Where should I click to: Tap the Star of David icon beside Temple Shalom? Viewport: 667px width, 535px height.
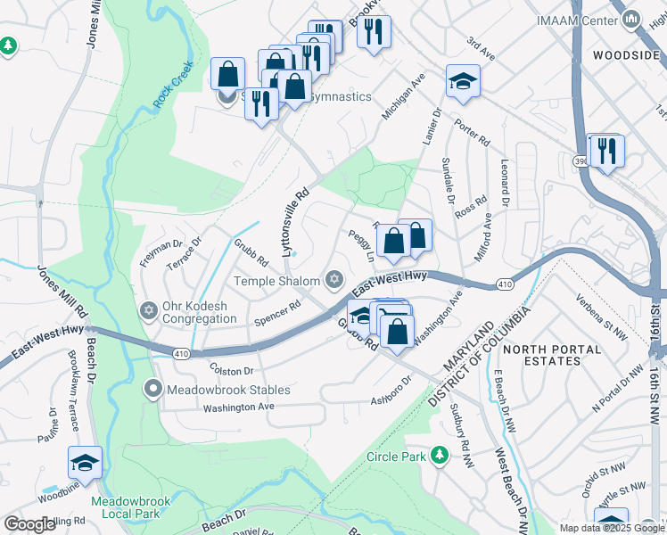coord(335,281)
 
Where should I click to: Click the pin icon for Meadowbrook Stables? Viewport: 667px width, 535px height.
coord(153,390)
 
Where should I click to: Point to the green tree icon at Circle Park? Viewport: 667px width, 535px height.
coord(438,457)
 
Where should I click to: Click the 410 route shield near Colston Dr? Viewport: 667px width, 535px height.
coord(182,354)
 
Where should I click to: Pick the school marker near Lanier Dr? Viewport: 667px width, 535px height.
coord(463,81)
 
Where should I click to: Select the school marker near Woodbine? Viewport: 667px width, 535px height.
coord(85,462)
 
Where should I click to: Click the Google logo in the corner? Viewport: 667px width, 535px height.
coord(29,524)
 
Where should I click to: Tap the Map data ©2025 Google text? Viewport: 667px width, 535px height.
coord(611,528)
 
